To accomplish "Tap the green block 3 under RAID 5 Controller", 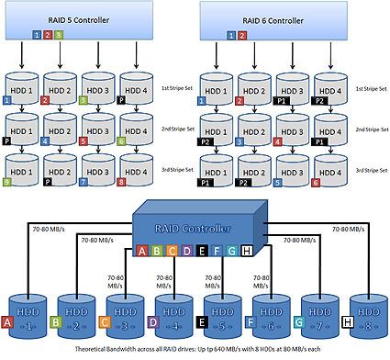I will pos(59,35).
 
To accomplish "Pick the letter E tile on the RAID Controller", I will pos(187,249).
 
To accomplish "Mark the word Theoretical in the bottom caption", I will pos(95,353).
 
